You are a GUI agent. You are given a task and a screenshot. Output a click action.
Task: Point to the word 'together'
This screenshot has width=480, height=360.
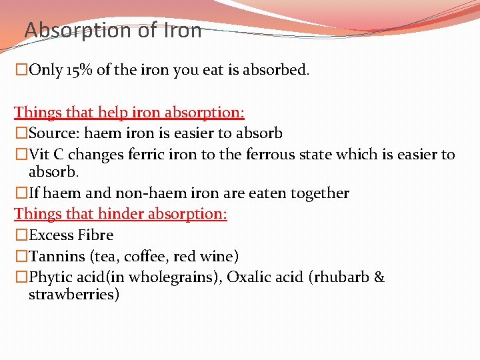point(319,193)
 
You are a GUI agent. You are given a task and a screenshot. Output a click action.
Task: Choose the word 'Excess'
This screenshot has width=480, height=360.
point(51,235)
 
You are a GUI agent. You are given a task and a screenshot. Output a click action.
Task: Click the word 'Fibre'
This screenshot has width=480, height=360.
point(95,235)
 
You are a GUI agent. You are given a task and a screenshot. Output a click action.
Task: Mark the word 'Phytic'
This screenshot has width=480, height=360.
point(52,277)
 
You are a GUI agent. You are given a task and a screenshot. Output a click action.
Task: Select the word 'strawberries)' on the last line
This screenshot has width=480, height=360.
point(74,294)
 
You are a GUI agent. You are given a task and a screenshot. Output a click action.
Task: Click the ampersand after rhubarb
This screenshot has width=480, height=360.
point(379,277)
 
